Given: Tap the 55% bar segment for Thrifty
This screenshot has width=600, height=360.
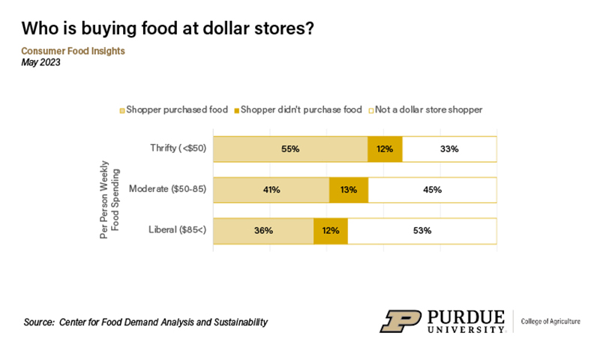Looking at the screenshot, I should tap(290, 149).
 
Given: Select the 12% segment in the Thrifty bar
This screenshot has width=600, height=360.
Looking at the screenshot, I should tap(385, 149).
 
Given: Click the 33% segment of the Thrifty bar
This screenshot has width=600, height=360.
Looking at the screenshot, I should tap(449, 149).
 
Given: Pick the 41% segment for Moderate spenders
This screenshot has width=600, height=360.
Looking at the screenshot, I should tap(271, 190).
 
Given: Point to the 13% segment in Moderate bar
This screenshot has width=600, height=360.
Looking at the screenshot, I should tap(349, 190).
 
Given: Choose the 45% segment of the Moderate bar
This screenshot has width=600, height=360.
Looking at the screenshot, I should tap(432, 190).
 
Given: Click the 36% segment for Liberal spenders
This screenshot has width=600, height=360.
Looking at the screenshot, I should tap(263, 231).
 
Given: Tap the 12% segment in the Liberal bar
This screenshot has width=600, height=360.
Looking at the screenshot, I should tap(331, 231).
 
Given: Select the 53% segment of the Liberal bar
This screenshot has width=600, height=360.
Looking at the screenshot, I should tap(421, 231).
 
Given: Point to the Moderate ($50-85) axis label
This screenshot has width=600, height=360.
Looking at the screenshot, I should tap(166, 190).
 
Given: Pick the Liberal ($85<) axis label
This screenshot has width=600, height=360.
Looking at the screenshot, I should tap(173, 231).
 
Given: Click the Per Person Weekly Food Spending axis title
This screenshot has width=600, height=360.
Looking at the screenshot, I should tap(108, 190).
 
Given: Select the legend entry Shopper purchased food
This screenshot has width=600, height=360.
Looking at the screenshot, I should tap(176, 109).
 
